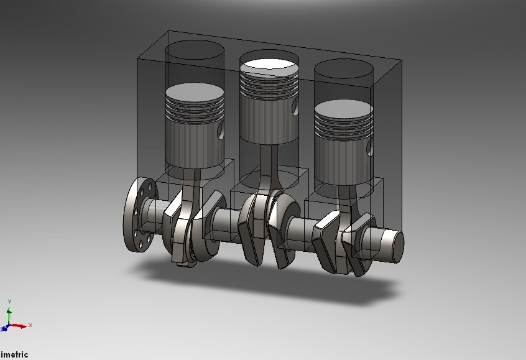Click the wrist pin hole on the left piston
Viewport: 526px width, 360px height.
click(220, 131)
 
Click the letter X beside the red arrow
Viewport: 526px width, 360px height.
click(30, 325)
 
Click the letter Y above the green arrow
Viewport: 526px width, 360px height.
click(9, 302)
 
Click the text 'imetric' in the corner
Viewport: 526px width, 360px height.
click(14, 355)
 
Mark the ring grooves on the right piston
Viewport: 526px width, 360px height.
click(343, 125)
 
